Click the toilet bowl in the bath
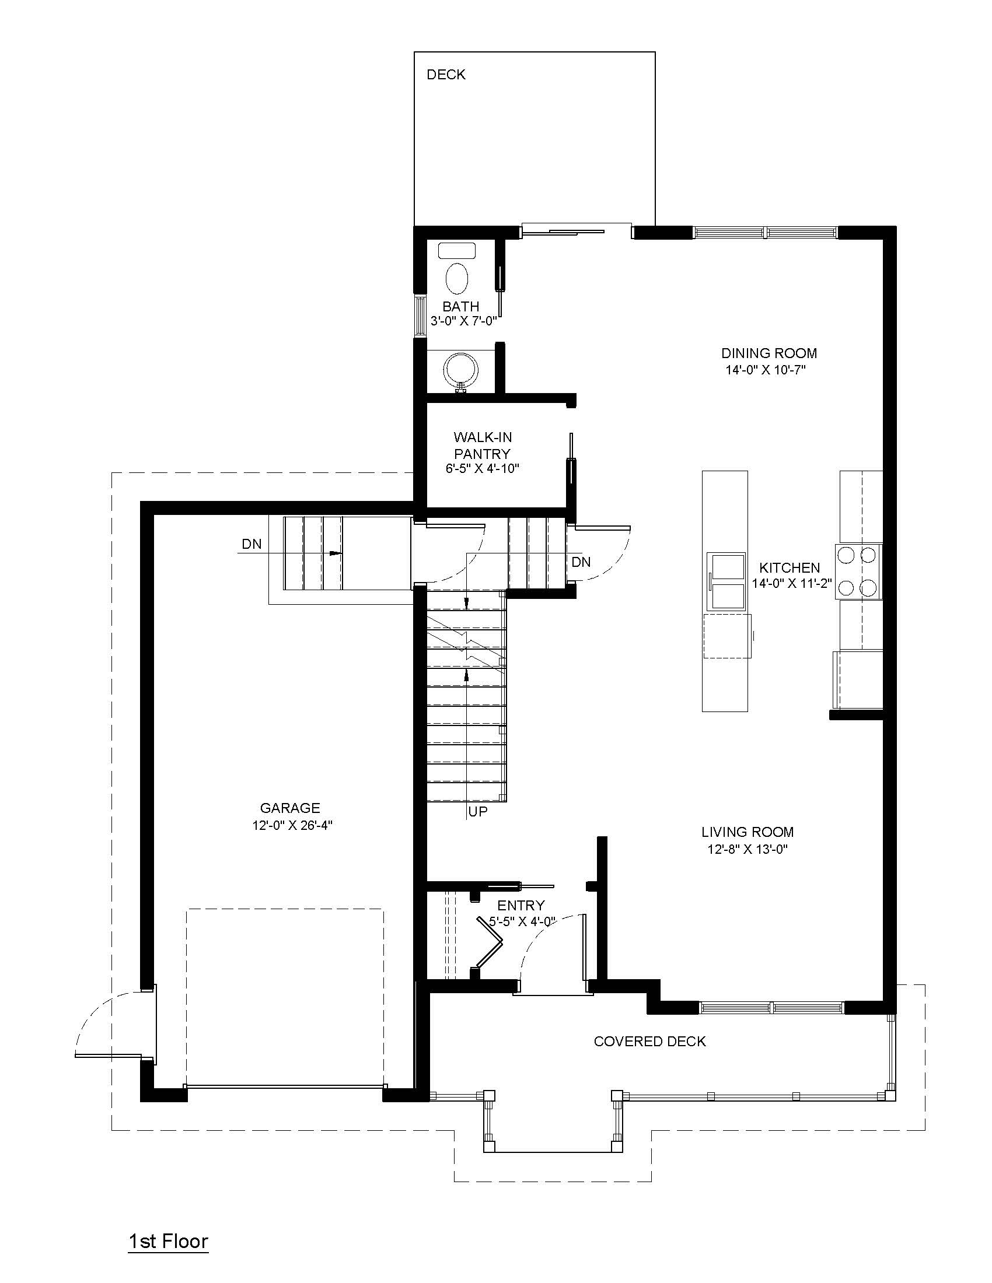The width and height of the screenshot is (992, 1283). tap(457, 278)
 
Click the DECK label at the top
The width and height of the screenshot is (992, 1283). tap(446, 75)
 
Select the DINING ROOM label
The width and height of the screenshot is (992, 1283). tap(769, 353)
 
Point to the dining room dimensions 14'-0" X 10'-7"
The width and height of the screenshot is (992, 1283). tap(764, 370)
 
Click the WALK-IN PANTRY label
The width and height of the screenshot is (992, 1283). tap(483, 446)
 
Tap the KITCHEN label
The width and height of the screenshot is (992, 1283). tap(790, 567)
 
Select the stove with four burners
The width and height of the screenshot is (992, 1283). tap(858, 571)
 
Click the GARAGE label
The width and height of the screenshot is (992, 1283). tap(291, 808)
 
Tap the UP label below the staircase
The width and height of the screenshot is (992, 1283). tap(478, 812)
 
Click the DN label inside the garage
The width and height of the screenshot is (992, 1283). tap(252, 544)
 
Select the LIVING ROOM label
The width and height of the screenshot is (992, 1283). tap(747, 832)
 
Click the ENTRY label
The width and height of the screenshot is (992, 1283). tap(521, 905)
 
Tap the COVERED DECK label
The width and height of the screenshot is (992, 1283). tap(649, 1041)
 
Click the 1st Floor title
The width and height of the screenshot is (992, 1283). tap(169, 1240)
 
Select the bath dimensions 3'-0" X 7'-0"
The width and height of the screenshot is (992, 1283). tap(464, 321)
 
